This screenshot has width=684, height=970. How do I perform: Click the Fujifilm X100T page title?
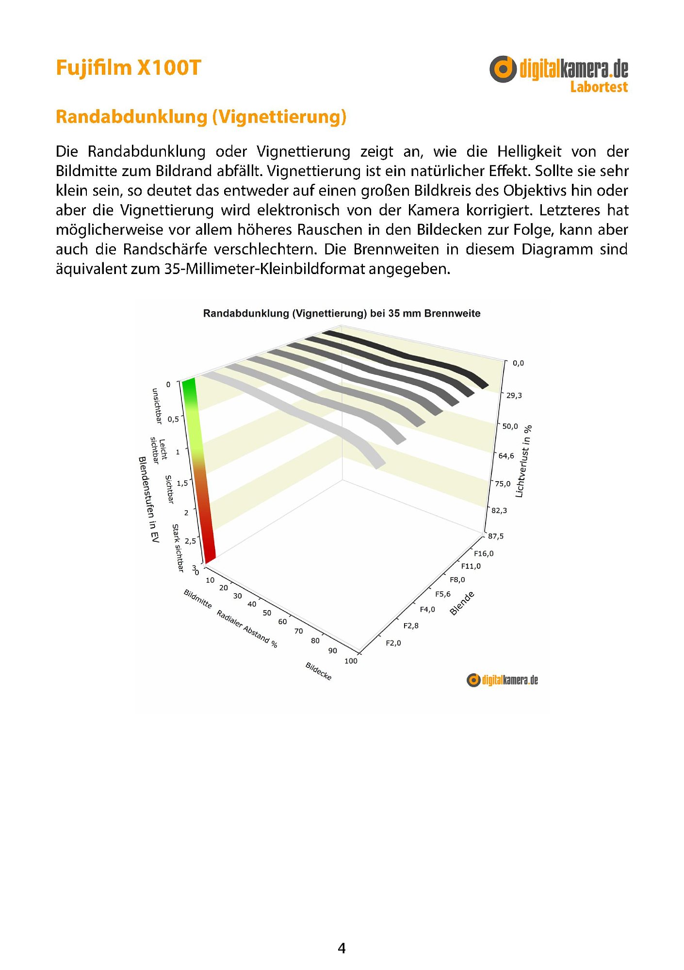point(129,68)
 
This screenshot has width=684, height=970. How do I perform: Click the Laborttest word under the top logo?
point(599,87)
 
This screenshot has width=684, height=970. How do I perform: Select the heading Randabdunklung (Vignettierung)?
point(201,117)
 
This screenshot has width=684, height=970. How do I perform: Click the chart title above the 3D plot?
point(342,313)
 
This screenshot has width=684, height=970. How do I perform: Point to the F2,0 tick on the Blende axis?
point(393,643)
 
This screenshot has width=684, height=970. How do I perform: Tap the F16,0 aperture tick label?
point(484,553)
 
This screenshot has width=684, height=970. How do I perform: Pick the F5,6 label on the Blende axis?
point(442,594)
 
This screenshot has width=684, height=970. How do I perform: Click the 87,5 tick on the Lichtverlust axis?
point(496,536)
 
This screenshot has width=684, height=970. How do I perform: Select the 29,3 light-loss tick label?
point(514,395)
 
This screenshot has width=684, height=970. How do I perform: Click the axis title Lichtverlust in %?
point(523,461)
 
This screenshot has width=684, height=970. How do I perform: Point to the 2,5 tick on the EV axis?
point(191,540)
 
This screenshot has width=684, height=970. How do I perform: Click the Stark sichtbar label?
point(178,548)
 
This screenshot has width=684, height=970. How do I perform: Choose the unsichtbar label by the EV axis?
point(156,406)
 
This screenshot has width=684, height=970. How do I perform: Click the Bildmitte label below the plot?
point(197,598)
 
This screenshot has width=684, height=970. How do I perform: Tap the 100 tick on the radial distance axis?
point(351,661)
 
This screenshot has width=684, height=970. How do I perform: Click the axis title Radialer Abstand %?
point(247,629)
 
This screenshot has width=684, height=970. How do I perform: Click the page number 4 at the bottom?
point(342,948)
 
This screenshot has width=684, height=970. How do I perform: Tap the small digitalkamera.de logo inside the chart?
point(502,680)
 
